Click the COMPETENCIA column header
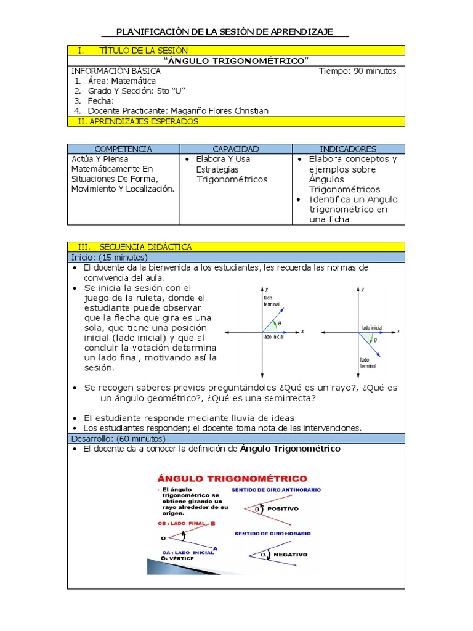pos(123,149)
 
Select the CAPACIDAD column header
pos(236,149)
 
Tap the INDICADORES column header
pos(348,149)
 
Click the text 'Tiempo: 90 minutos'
pos(357,71)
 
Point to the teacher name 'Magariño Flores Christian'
pos(219,111)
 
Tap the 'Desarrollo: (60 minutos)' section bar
pos(118,438)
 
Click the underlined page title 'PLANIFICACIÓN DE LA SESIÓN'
pos(225,31)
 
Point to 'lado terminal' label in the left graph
pos(271,301)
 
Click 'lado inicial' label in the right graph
pos(371,327)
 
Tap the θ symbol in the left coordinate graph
pos(279,324)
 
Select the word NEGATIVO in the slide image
pos(290,555)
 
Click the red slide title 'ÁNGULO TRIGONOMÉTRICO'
pos(233,478)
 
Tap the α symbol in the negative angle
pos(263,554)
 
